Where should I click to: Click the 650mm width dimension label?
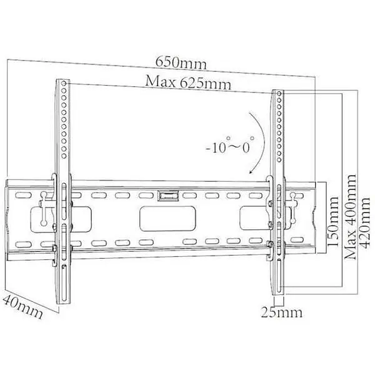tap(181, 62)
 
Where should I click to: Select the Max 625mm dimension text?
tap(188, 82)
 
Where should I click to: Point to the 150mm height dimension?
tap(332, 221)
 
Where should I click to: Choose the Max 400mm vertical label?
tap(350, 217)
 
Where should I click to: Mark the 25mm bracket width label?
tap(281, 312)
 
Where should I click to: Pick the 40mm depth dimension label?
tap(23, 306)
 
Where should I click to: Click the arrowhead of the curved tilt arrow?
tap(251, 171)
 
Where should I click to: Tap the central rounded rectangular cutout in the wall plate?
tap(167, 219)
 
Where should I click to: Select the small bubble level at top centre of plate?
tap(167, 196)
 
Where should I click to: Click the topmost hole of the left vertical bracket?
tap(64, 84)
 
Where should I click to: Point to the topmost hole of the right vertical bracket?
tap(279, 94)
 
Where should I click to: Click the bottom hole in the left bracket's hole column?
tap(64, 156)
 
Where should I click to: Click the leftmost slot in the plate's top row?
tap(23, 195)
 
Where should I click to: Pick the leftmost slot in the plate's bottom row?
tap(23, 244)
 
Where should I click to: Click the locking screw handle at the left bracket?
tap(44, 209)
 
